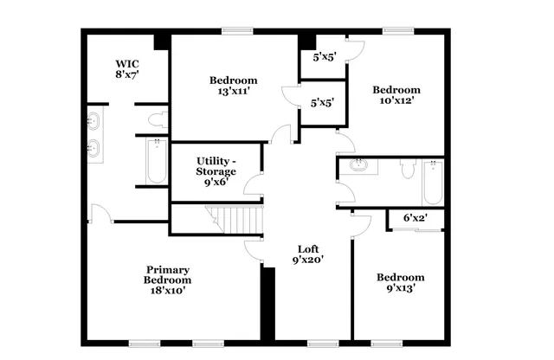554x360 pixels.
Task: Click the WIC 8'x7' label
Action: click(128, 69)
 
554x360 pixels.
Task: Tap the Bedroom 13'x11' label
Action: click(223, 86)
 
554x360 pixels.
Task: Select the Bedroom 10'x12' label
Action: click(396, 94)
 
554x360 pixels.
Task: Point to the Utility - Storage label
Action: click(216, 171)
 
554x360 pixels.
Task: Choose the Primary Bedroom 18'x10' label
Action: click(167, 280)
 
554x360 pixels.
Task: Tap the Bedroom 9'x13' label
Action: click(399, 283)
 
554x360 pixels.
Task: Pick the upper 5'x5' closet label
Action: click(323, 58)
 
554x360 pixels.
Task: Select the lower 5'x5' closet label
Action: click(322, 102)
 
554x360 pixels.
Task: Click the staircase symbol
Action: click(234, 219)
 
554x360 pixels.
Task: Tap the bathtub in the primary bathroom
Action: click(157, 162)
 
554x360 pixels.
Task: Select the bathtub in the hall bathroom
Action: click(432, 182)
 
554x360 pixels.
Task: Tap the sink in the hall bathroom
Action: click(358, 164)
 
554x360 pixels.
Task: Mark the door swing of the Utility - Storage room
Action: click(253, 183)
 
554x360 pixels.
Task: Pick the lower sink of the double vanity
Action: click(93, 149)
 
